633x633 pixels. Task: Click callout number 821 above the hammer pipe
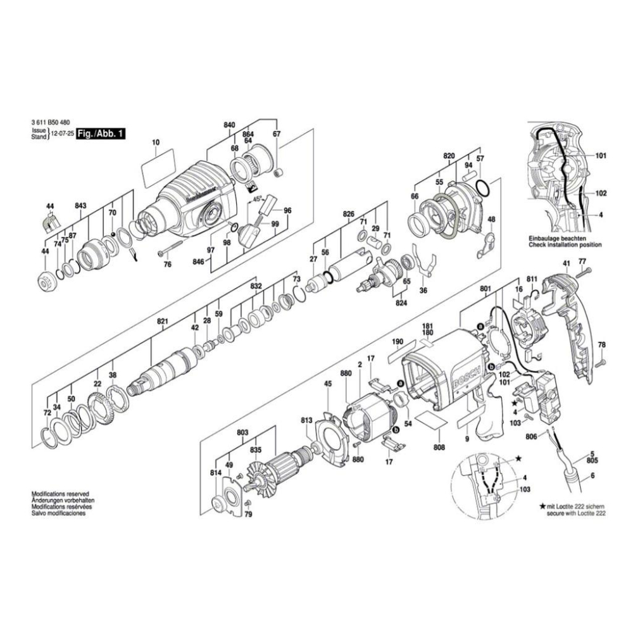click(163, 322)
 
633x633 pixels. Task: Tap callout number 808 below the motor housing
click(439, 447)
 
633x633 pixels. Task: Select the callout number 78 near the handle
click(601, 344)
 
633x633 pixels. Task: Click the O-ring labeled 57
click(480, 187)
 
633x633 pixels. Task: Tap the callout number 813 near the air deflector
click(306, 420)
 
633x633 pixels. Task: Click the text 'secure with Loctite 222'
click(573, 513)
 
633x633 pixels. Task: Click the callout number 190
click(398, 342)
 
